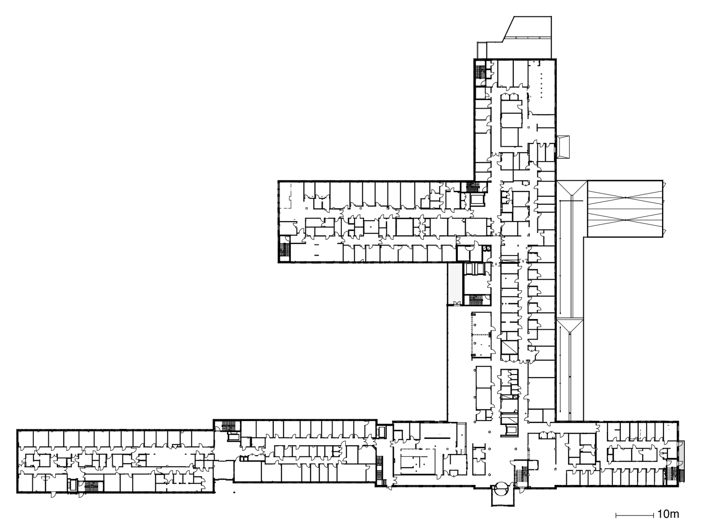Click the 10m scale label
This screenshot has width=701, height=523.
pos(668,513)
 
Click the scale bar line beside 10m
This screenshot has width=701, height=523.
pos(635,514)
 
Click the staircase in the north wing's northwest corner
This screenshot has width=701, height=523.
pos(481,71)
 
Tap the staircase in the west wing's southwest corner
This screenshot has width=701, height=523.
pos(284,251)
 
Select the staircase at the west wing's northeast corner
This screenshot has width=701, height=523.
pos(474,187)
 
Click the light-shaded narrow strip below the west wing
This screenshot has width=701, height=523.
pos(454,283)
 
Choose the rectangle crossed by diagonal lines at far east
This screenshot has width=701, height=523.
pos(624,209)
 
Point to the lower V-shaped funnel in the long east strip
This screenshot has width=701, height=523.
pos(570,326)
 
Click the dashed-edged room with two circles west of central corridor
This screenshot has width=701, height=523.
pos(482,334)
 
